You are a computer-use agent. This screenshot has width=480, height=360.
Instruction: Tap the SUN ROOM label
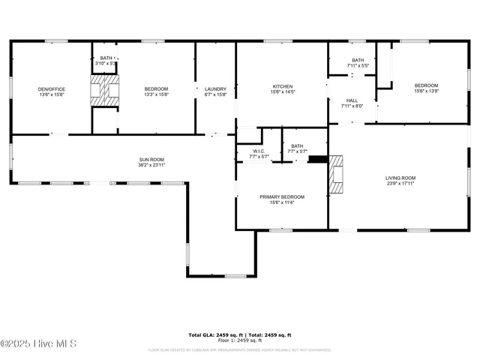coord(151,160)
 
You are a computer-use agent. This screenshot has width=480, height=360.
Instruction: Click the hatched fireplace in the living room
coord(335,173)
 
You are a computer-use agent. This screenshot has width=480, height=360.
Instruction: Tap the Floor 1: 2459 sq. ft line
coord(239,341)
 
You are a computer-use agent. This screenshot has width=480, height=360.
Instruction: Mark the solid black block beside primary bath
coord(318,159)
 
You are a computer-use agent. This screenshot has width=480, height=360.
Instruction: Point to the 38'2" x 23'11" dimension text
coord(151,164)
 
